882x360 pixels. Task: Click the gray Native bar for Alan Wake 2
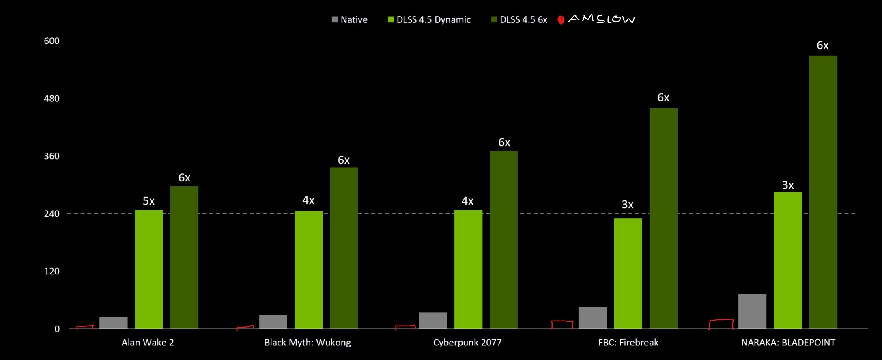point(113,323)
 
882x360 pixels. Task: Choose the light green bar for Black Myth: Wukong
point(308,269)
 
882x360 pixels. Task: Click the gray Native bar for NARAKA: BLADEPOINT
point(752,311)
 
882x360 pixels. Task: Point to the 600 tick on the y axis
point(52,41)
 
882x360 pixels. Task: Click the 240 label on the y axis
point(52,214)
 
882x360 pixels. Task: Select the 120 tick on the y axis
point(52,272)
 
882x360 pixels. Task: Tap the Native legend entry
point(350,19)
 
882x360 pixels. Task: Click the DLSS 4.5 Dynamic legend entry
point(429,19)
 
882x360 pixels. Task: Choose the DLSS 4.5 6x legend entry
point(519,19)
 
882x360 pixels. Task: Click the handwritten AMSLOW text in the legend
point(601,19)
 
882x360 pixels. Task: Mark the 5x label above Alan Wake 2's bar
point(148,201)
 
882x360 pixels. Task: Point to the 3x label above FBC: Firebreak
point(628,205)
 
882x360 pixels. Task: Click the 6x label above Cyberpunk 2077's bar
point(504,142)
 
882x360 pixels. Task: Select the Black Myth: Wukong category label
point(308,343)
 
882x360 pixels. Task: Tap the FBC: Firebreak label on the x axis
point(628,343)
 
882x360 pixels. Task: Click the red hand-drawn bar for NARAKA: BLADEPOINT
point(721,324)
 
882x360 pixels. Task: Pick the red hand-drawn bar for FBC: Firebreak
point(562,325)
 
